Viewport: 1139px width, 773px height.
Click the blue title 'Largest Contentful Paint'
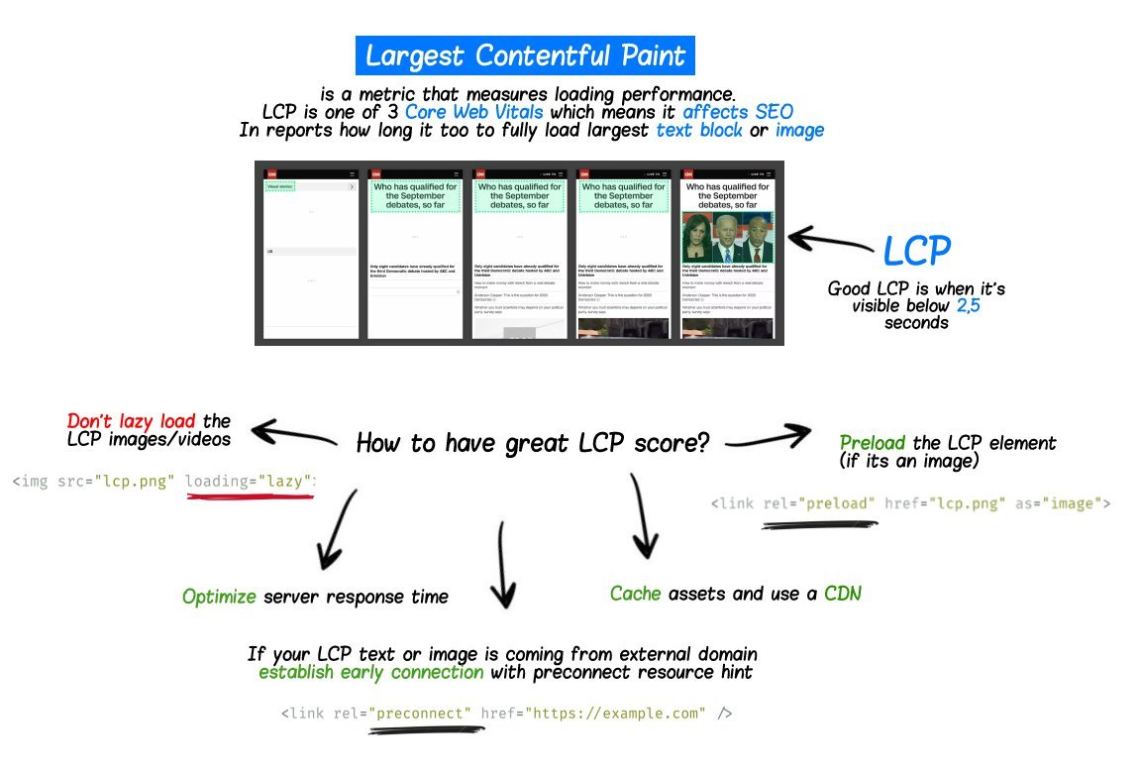point(525,55)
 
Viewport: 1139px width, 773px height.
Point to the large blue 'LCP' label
point(916,252)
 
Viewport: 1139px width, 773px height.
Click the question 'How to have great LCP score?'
point(533,442)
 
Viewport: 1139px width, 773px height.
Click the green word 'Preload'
point(873,443)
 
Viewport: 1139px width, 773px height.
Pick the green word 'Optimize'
point(219,597)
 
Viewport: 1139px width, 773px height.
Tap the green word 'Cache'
point(636,594)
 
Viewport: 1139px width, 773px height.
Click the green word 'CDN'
point(843,594)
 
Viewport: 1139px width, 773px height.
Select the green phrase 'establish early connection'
point(371,672)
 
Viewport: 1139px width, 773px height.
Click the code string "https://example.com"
point(616,714)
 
